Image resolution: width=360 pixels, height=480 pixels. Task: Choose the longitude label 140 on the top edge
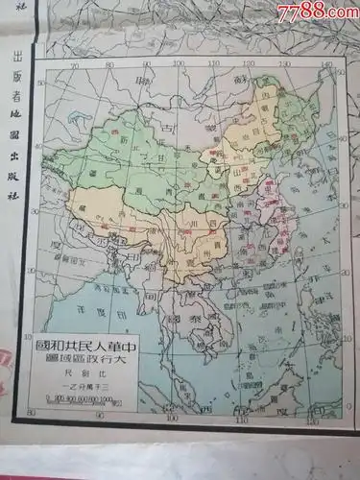tap(327, 63)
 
